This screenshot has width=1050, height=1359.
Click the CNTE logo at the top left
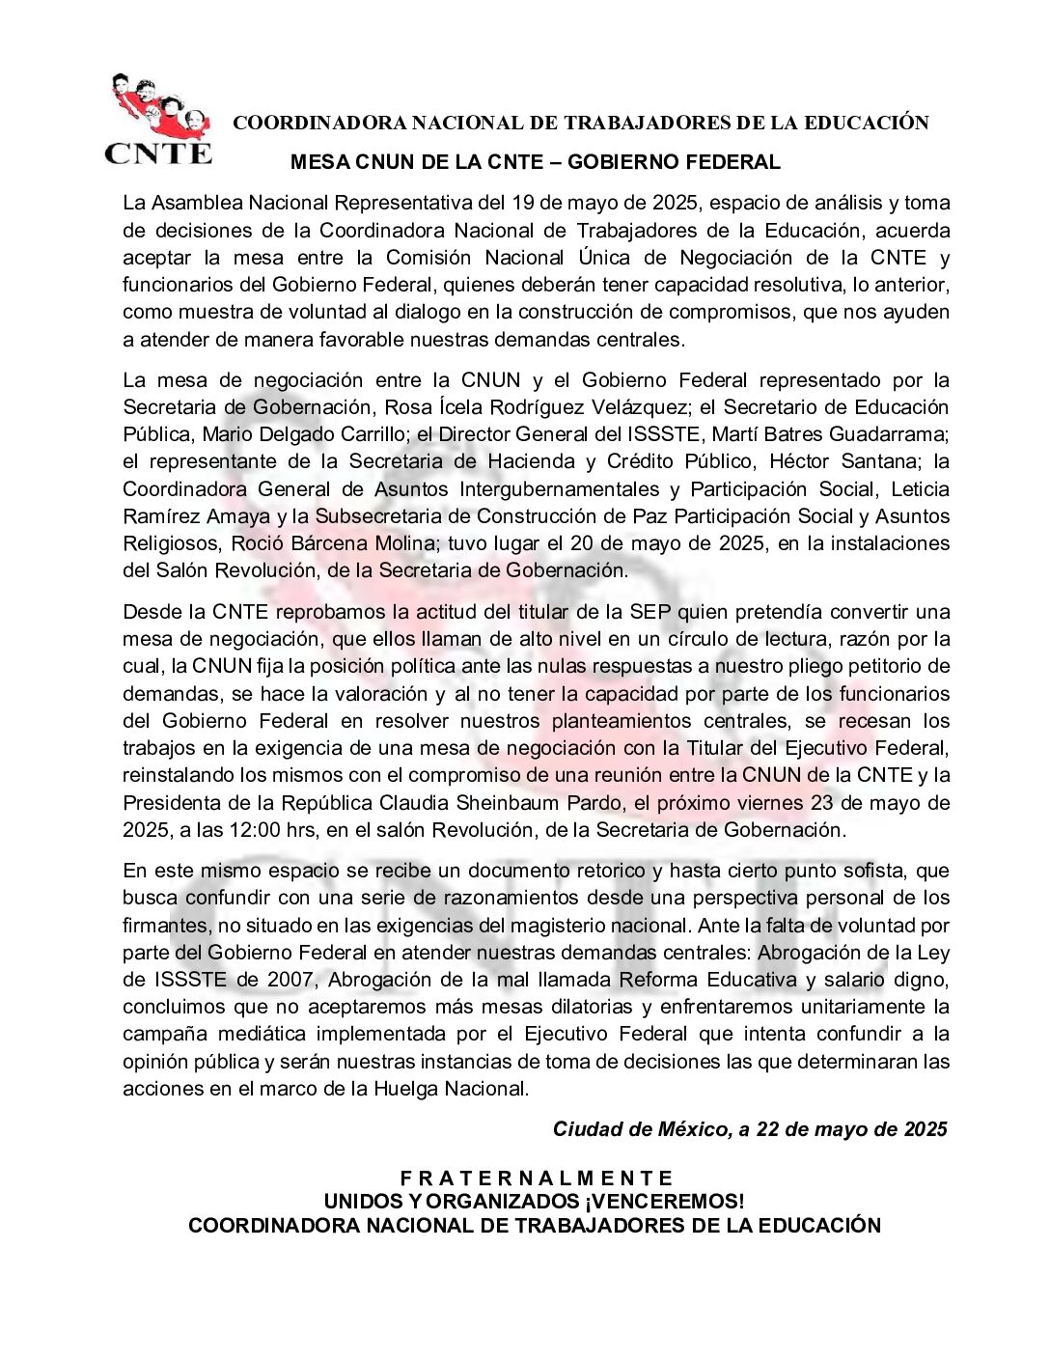[157, 119]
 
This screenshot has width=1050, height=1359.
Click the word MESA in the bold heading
[316, 162]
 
